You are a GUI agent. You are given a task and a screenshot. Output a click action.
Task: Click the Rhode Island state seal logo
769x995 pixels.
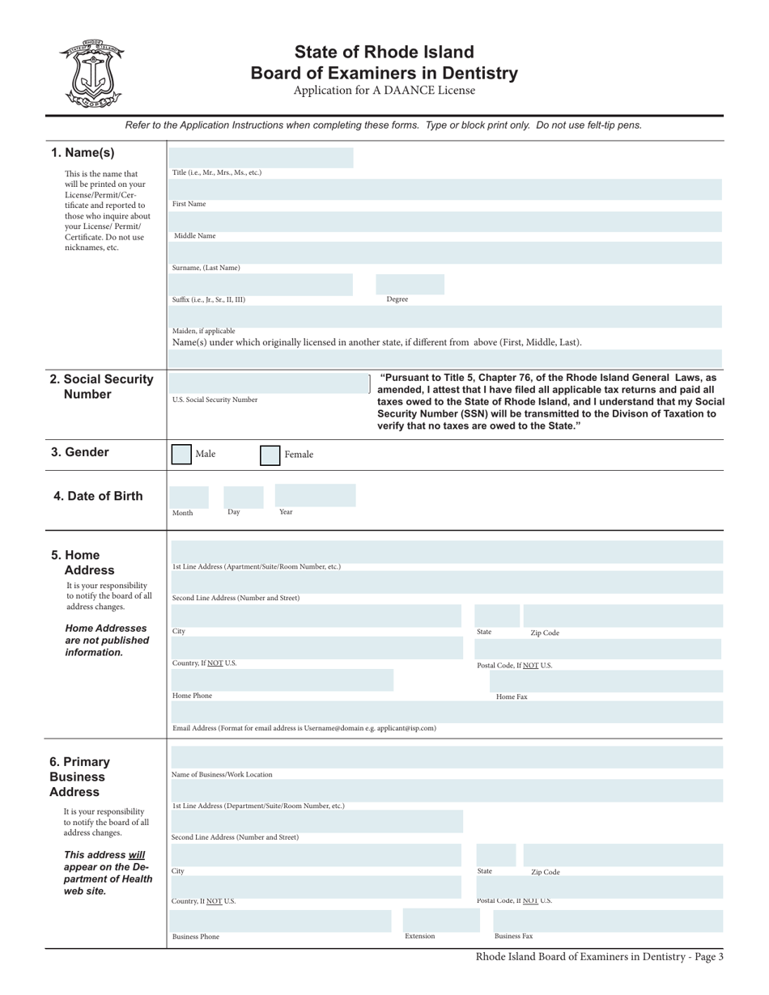pyautogui.click(x=91, y=74)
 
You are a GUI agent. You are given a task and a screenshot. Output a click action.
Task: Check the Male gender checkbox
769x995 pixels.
pyautogui.click(x=181, y=454)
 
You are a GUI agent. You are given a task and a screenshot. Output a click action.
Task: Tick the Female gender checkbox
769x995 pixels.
pyautogui.click(x=270, y=455)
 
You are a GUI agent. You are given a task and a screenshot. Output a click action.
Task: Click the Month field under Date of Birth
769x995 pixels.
pyautogui.click(x=188, y=495)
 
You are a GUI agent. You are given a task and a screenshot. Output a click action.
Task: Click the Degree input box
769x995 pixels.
pyautogui.click(x=410, y=284)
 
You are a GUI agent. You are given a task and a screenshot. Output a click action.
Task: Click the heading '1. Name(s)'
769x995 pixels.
pyautogui.click(x=83, y=153)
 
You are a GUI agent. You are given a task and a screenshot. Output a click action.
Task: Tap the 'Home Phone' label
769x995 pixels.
pyautogui.click(x=193, y=696)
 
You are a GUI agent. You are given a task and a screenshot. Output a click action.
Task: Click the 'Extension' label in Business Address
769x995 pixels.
pyautogui.click(x=420, y=936)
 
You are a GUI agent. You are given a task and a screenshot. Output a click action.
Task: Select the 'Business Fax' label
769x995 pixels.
pyautogui.click(x=513, y=936)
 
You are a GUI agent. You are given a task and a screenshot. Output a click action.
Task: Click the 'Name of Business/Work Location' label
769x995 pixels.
pyautogui.click(x=223, y=774)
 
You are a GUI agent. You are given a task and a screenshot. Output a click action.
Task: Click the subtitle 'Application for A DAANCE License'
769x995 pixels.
pyautogui.click(x=384, y=91)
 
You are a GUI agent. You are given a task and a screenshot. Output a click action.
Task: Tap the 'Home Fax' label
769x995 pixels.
pyautogui.click(x=512, y=696)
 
